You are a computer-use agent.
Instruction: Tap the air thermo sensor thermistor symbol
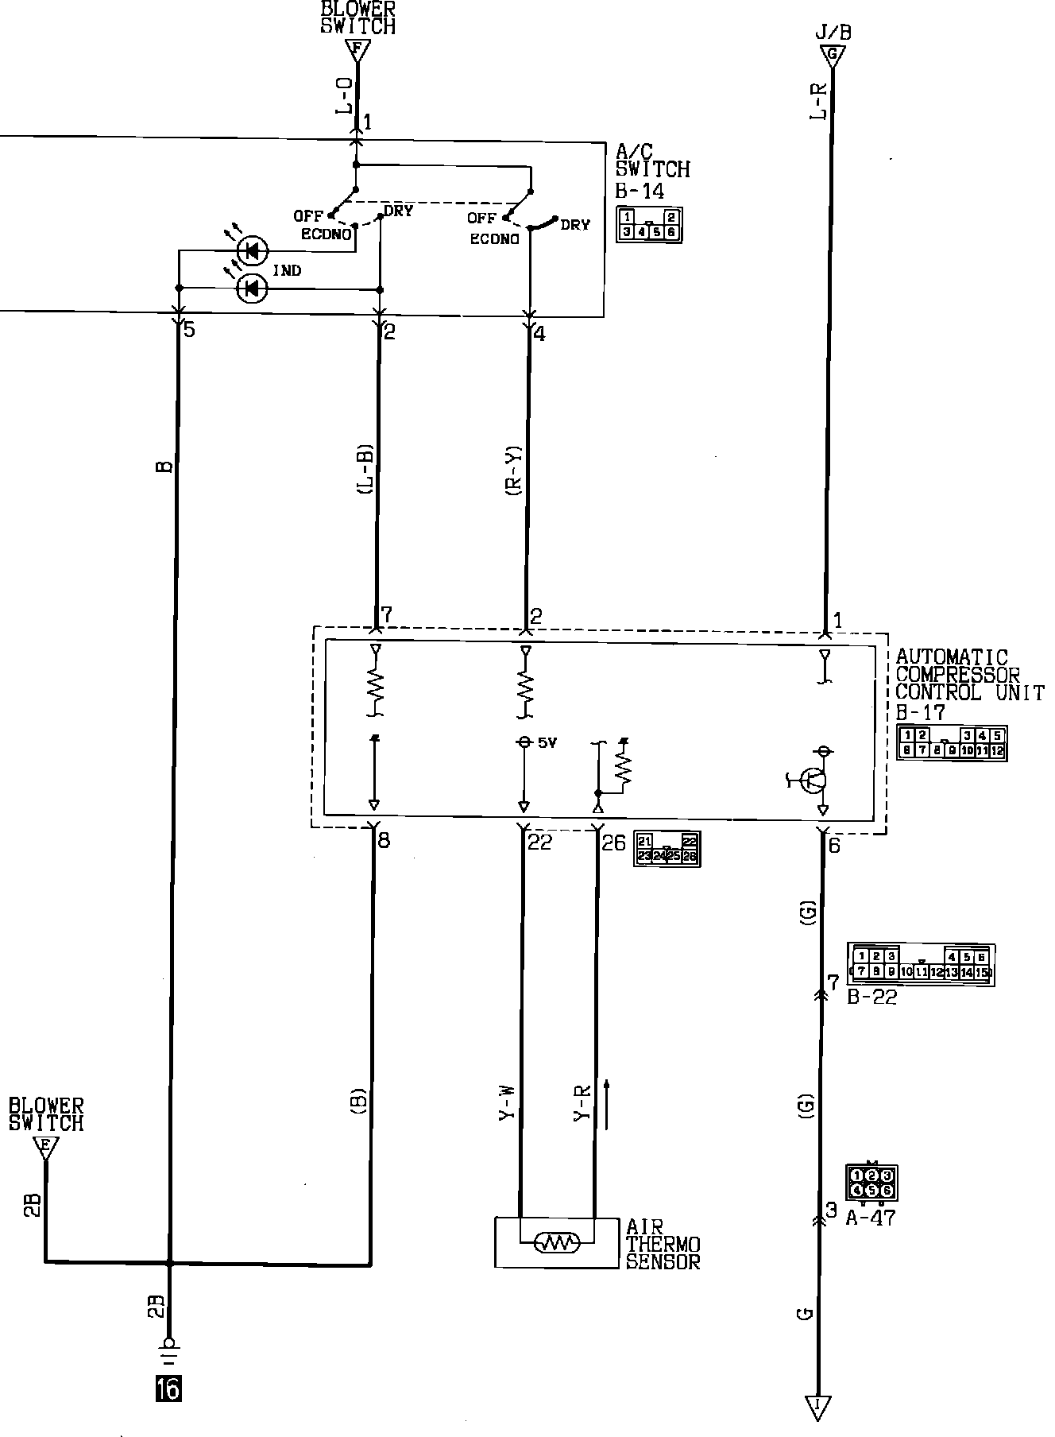point(557,1242)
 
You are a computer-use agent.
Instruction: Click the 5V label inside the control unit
point(547,742)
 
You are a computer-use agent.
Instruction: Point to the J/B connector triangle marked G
point(833,56)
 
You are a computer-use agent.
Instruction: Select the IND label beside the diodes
point(287,271)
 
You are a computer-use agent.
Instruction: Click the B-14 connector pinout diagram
point(649,224)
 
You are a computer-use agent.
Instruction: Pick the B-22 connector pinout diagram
point(922,964)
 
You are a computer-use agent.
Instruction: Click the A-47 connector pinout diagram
point(871,1182)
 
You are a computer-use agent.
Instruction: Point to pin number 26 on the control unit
point(613,842)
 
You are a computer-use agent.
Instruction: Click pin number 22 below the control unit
point(539,842)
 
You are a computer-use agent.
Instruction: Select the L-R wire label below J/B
point(817,102)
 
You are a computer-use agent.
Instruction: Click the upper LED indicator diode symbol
point(253,252)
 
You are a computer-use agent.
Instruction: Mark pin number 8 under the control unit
point(385,840)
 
